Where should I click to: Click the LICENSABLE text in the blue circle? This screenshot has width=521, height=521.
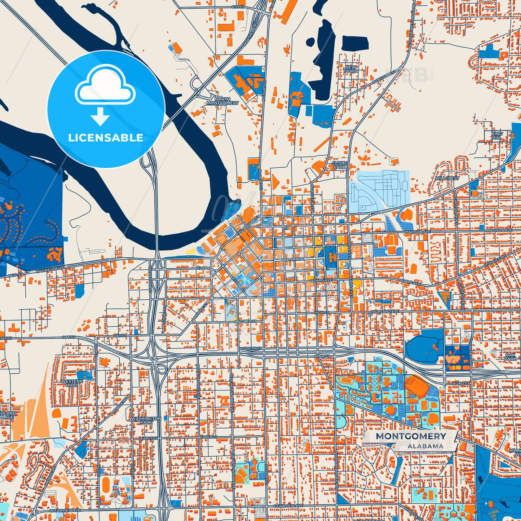106,138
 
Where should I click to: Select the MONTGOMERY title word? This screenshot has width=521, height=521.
411,436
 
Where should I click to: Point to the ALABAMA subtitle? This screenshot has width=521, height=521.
425,446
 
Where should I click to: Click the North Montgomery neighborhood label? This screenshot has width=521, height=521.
222,101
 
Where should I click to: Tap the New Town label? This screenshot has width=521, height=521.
351,69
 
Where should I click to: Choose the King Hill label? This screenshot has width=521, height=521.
496,136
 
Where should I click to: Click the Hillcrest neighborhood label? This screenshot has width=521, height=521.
447,178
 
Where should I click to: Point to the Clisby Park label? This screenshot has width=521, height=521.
339,165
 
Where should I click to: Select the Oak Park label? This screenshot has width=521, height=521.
511,357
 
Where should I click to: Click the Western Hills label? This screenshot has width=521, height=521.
72,383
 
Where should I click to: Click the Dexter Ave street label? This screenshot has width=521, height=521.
292,260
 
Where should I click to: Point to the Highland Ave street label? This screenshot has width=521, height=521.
385,312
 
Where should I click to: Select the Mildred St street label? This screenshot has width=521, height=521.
245,321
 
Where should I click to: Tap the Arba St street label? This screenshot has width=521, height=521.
322,356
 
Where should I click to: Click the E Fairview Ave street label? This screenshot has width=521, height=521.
288,506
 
